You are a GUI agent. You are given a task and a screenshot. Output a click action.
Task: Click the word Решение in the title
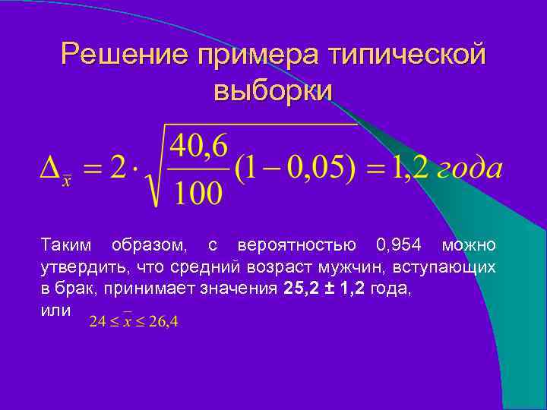point(125,55)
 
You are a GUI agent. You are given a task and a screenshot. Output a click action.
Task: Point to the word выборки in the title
point(273,90)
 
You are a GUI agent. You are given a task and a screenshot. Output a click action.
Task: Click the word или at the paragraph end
point(55,311)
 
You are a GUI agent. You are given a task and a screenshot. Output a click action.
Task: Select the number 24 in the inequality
point(96,322)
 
